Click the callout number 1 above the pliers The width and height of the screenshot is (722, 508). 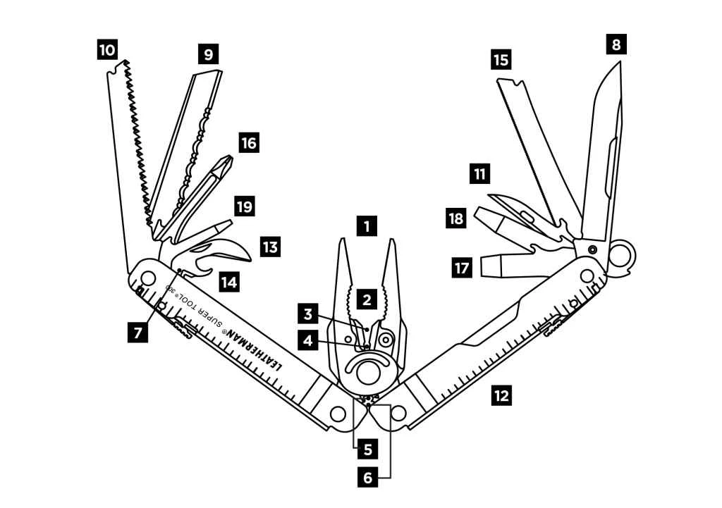click(x=366, y=227)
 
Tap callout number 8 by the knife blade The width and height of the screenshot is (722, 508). click(x=616, y=45)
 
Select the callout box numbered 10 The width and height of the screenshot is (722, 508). click(x=106, y=50)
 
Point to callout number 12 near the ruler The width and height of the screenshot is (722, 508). click(x=501, y=395)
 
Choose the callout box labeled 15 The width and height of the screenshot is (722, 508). click(x=501, y=59)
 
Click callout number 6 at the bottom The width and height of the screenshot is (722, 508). click(x=367, y=477)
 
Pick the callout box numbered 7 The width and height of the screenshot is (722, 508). click(x=138, y=330)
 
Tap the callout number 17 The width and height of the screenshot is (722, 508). click(x=462, y=267)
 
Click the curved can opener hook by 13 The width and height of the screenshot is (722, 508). click(x=237, y=251)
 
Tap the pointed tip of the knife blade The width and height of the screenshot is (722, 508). click(x=618, y=65)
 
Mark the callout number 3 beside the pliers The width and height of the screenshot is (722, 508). click(x=307, y=311)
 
